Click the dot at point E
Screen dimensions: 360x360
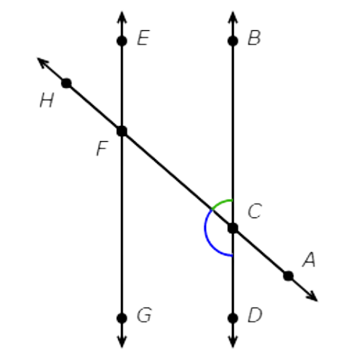point(122,41)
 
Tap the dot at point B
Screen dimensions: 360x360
point(233,41)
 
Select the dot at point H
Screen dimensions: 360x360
point(66,84)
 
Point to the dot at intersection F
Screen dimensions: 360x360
point(122,131)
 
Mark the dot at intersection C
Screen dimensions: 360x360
point(233,228)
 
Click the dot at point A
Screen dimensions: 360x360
point(288,276)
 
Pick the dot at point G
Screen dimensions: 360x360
point(122,318)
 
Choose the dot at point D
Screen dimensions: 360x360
point(233,318)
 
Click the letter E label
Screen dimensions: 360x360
point(143,37)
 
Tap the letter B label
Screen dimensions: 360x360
point(254,37)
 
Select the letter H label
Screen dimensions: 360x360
point(47,100)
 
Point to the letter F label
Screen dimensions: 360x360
point(102,148)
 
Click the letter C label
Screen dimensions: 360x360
point(255,211)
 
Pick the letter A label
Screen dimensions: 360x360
point(309,259)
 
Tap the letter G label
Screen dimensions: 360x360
point(144,315)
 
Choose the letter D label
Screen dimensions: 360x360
point(255,315)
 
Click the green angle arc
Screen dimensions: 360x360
point(221,203)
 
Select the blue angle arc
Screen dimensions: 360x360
point(207,236)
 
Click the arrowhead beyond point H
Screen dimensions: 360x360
point(43,63)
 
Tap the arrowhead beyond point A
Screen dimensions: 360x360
point(312,296)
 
